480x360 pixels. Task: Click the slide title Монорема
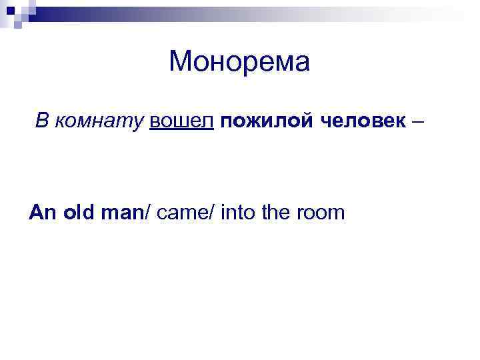(239, 62)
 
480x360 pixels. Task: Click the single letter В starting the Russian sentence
(42, 121)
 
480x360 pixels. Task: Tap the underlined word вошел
(181, 121)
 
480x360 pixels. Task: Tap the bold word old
(80, 213)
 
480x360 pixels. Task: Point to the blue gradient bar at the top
(200, 10)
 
